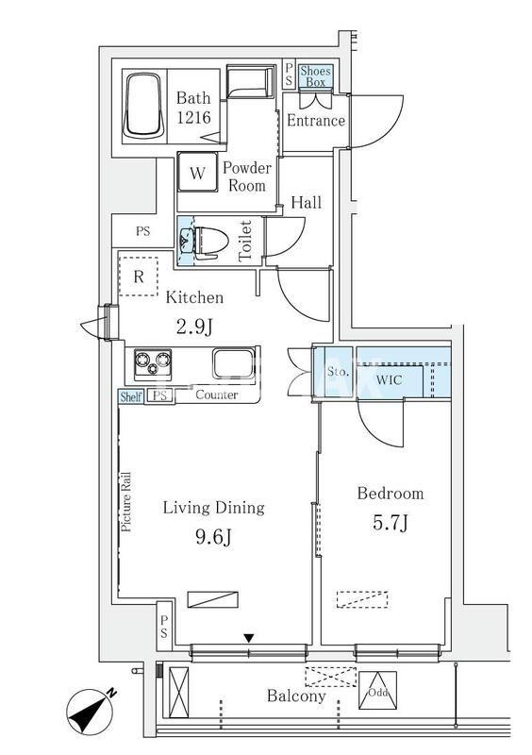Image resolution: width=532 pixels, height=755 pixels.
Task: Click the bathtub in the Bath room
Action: point(143,106)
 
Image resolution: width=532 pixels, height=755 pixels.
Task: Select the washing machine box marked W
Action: point(198,173)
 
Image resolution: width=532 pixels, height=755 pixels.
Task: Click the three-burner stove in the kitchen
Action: point(153,362)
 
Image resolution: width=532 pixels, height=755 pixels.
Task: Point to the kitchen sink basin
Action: point(233,363)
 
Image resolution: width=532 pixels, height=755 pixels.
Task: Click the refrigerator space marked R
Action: point(139,277)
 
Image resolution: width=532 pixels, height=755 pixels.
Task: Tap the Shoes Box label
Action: point(315,76)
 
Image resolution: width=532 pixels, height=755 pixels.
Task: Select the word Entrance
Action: point(316,121)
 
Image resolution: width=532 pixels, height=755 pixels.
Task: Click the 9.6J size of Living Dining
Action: point(214,536)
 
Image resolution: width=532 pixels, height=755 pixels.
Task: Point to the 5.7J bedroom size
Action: point(391,523)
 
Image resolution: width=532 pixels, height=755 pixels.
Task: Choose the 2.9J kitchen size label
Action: point(194,327)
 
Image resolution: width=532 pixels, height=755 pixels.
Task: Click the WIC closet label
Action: point(389,380)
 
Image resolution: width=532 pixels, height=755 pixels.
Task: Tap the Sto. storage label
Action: point(338,372)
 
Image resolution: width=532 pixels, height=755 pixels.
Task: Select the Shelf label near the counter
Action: point(131,396)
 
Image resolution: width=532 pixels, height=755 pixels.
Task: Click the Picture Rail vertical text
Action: point(126,502)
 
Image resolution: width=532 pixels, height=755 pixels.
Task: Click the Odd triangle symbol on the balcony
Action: point(378,691)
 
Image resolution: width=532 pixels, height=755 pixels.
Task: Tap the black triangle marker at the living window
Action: point(248,639)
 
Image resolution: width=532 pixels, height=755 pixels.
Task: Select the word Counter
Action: point(217,395)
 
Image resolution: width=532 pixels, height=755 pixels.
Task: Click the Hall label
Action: point(307,202)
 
